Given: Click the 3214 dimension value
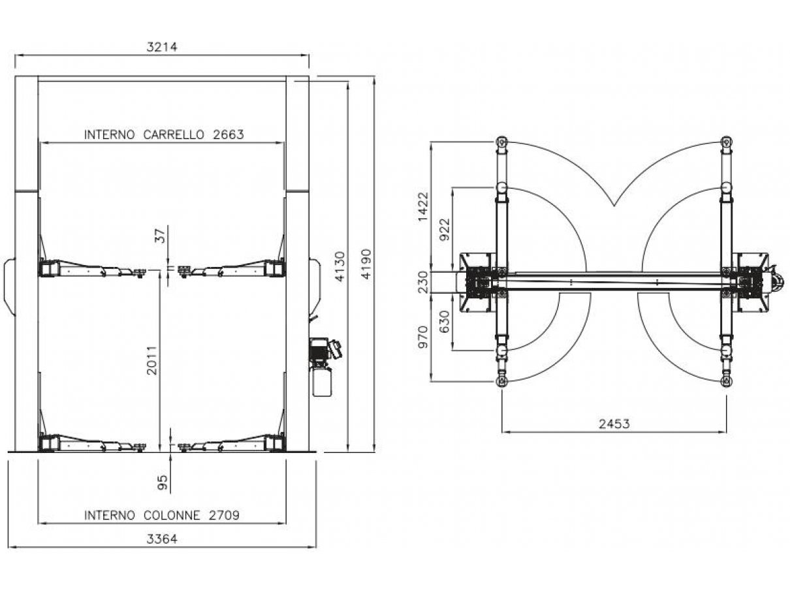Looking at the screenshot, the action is [x=162, y=47].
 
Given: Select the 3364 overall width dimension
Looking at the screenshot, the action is [x=162, y=539].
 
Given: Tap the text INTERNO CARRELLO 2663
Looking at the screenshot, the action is [x=164, y=134].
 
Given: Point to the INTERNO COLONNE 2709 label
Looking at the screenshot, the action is [x=162, y=515].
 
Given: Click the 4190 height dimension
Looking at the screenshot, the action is [x=366, y=264].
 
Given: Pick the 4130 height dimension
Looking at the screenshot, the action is [x=340, y=266].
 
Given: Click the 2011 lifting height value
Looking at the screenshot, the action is [x=152, y=360].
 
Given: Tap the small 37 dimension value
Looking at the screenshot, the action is [x=161, y=236].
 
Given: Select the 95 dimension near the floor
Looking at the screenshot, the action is [x=163, y=482].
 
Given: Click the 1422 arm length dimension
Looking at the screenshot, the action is [x=423, y=207].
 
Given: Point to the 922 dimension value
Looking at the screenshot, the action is [x=445, y=230].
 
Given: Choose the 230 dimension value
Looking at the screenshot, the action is [x=424, y=282].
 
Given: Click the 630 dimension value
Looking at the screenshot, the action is [x=445, y=322].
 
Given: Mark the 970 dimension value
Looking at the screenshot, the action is [x=423, y=337].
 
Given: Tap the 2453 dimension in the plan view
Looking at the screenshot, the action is [x=614, y=424].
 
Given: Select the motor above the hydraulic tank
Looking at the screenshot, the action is [x=324, y=349].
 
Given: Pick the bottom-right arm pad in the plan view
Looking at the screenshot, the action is [x=726, y=381].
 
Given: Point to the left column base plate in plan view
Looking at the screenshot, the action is [x=477, y=283].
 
